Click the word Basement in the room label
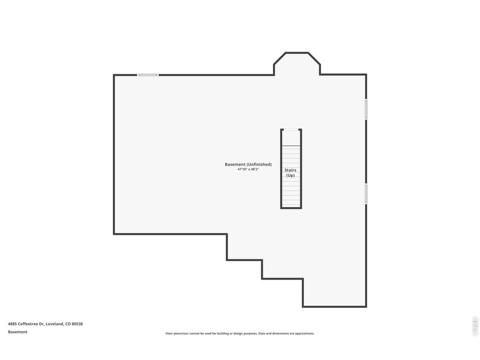point(235,164)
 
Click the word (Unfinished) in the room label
point(259,164)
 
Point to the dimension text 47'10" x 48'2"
point(248,169)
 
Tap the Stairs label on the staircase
point(290,170)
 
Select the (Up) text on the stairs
point(290,176)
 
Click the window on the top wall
point(148,75)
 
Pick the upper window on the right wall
point(366,109)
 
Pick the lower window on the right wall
point(366,194)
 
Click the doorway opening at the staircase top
point(291,130)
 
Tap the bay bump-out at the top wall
point(296,63)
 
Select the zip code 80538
point(77,324)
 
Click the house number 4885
point(12,324)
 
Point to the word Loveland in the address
point(55,324)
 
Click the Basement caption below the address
point(17,332)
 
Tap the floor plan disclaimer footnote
point(240,333)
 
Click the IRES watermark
point(475,326)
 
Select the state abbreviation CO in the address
point(68,324)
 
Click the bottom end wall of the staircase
point(291,208)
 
